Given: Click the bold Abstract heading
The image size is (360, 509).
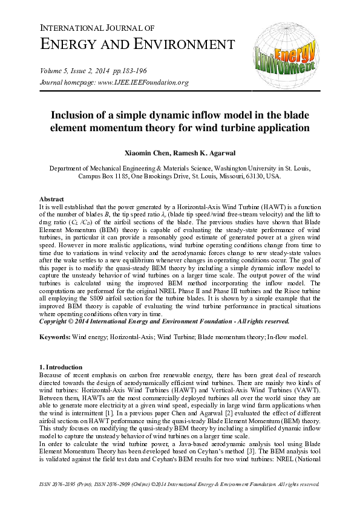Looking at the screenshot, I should pos(51,199).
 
